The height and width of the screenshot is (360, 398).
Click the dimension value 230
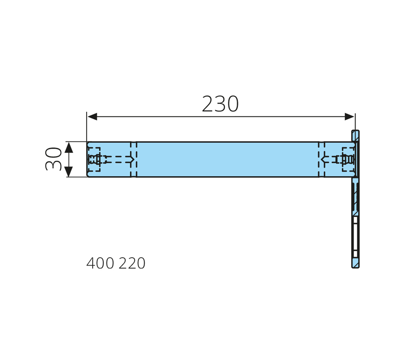220,104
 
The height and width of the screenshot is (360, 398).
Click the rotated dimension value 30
53,159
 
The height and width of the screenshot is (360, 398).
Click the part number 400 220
116,263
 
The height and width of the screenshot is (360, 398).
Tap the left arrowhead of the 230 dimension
92,117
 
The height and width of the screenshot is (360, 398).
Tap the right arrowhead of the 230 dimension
349,117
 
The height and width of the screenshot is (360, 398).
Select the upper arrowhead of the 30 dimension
69,148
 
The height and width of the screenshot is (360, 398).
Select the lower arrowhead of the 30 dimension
69,171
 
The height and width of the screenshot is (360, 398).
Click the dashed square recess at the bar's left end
94,159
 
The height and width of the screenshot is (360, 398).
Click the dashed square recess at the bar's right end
348,159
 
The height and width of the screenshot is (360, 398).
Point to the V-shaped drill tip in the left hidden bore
132,159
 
